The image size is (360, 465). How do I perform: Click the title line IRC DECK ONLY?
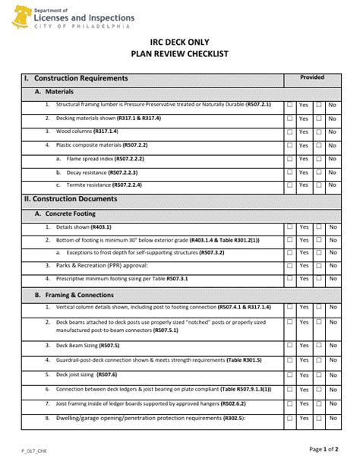(x=180, y=43)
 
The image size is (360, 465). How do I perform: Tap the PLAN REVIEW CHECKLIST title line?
(x=180, y=55)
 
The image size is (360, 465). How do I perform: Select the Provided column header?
(x=311, y=77)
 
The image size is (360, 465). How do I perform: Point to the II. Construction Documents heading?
(x=71, y=199)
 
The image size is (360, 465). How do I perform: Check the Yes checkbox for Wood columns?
(x=289, y=132)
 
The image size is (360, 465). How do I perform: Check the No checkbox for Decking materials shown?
(x=319, y=119)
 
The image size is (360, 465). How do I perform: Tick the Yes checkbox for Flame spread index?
(x=289, y=159)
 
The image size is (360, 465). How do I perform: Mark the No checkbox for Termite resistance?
(x=319, y=185)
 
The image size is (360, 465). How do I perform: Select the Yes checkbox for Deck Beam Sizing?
(x=289, y=346)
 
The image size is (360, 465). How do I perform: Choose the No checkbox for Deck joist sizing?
(x=319, y=375)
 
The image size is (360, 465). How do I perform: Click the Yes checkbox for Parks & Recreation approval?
(x=289, y=267)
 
